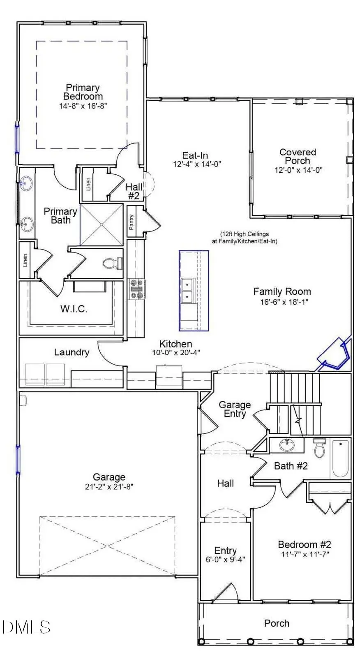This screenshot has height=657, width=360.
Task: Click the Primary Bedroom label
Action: (x=83, y=92)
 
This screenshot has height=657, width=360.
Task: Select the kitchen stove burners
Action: (x=136, y=289)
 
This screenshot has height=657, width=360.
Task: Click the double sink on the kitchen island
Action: (x=187, y=290)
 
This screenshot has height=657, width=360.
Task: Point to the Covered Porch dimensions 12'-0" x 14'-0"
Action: (x=298, y=170)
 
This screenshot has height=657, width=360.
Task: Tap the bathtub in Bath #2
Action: (x=340, y=459)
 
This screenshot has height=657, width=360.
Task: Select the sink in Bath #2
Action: (x=286, y=445)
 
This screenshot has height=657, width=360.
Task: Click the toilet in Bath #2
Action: (x=319, y=448)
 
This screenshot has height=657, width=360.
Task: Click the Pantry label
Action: (x=132, y=225)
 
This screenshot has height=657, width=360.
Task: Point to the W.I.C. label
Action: (x=74, y=309)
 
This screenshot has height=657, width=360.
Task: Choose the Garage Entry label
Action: (x=234, y=409)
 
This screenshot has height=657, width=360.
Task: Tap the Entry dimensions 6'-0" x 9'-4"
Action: (x=225, y=559)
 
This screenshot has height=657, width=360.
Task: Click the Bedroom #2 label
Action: (x=304, y=544)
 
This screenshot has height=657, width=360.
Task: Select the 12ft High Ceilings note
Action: (x=244, y=238)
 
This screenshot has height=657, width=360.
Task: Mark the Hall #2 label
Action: (x=134, y=192)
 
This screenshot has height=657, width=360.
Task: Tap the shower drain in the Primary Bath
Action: (x=102, y=224)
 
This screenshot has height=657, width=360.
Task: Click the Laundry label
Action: (x=72, y=352)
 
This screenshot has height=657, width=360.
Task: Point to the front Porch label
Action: (x=277, y=623)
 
